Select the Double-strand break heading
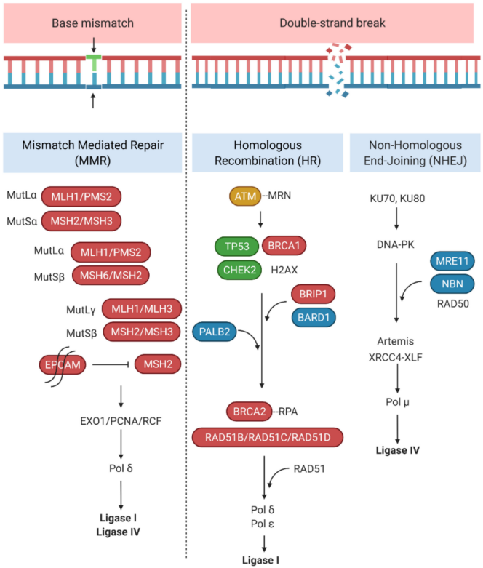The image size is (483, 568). [333, 23]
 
